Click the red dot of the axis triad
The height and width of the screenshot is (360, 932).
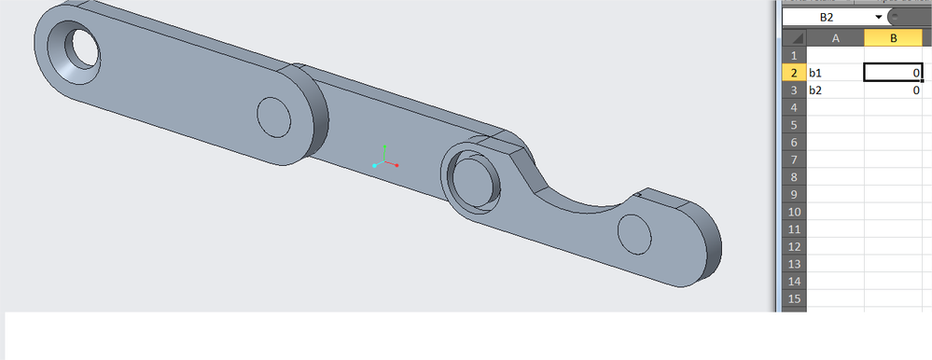[396, 165]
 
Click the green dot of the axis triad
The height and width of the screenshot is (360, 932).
[385, 146]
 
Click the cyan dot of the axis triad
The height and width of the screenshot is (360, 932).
[374, 166]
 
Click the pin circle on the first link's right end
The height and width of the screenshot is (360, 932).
[273, 117]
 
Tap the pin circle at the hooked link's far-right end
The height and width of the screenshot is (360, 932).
[634, 233]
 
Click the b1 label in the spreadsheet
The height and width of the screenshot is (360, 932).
[814, 73]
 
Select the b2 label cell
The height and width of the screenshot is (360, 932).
[835, 90]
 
